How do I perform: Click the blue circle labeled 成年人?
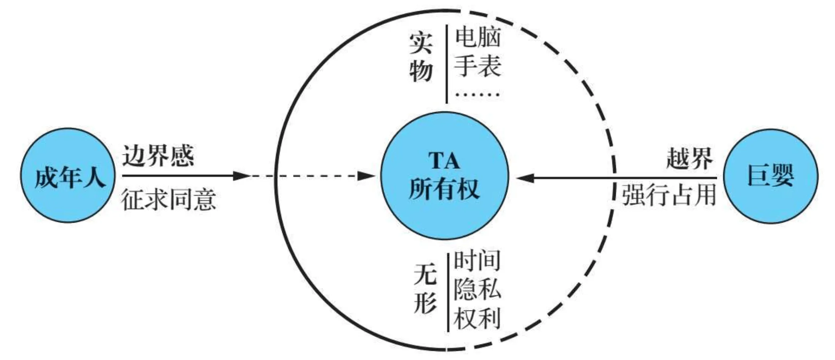[x=68, y=176]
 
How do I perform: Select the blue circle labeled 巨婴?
[x=770, y=176]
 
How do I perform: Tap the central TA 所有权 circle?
[x=444, y=176]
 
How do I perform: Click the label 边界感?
[x=158, y=156]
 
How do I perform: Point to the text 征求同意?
[x=168, y=199]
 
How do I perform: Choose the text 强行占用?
[x=669, y=195]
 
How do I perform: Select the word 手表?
[x=478, y=66]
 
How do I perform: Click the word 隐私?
[x=477, y=288]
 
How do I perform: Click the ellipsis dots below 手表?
[x=478, y=95]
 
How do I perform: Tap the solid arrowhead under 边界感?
[x=241, y=176]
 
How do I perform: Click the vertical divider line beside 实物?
[x=447, y=64]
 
